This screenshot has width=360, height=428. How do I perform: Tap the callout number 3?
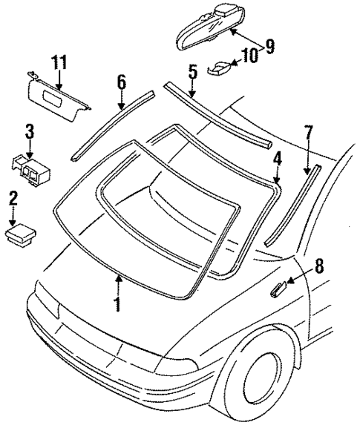click(x=29, y=134)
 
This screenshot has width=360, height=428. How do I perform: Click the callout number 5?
click(x=192, y=72)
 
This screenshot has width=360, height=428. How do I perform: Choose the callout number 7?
click(x=308, y=134)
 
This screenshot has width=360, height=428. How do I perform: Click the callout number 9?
click(x=269, y=47)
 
